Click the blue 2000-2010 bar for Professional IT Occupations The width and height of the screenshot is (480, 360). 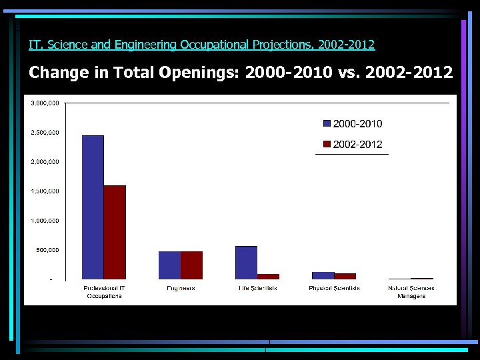tap(93, 207)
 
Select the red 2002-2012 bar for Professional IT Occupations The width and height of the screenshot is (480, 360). tap(115, 232)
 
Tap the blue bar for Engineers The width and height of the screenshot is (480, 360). tap(169, 265)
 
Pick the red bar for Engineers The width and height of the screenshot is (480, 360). tap(191, 265)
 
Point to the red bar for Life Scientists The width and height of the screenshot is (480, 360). tap(268, 276)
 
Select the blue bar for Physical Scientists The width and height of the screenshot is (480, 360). tap(323, 275)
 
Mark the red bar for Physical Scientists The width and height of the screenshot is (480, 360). tap(345, 276)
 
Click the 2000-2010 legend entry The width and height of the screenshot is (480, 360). tap(353, 123)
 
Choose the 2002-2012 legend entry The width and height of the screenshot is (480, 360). tap(353, 144)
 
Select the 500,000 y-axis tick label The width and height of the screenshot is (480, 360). tap(47, 250)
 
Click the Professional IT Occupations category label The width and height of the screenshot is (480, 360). tap(104, 292)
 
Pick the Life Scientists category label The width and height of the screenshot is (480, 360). tap(257, 288)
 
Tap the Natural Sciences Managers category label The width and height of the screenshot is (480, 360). tap(411, 292)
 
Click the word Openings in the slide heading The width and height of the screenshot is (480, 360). tap(199, 72)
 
